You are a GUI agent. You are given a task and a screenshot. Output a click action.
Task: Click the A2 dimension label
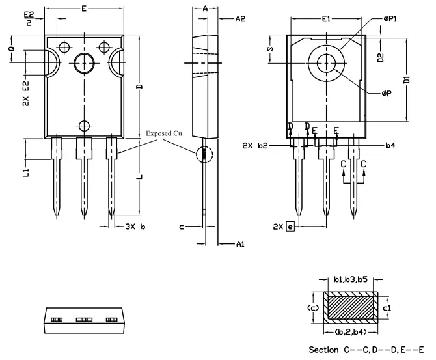[x=240, y=20]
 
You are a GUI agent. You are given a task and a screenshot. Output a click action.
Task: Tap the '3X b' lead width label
[x=135, y=227]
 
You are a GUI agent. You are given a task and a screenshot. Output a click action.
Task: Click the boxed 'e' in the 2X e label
[x=290, y=227]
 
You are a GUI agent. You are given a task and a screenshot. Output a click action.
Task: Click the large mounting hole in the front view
[x=84, y=63]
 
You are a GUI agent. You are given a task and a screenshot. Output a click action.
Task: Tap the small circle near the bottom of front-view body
[x=83, y=125]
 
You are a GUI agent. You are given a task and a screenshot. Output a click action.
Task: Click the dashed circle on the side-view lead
[x=205, y=155]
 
